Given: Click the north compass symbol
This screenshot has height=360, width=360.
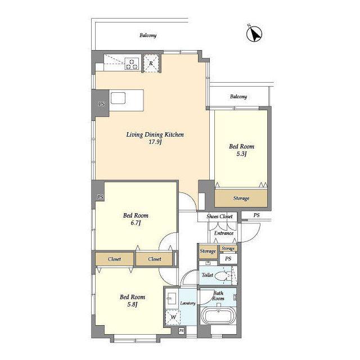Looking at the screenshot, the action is coord(254,34).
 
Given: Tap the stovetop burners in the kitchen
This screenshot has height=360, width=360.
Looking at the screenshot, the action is coord(132,64).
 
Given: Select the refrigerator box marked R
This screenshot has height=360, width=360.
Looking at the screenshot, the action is coord(151,64).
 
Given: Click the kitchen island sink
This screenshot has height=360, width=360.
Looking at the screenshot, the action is coord(118,98).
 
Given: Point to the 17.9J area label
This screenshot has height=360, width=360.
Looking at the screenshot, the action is coord(155,142).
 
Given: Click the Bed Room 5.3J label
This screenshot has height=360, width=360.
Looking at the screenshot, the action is coord(241,150).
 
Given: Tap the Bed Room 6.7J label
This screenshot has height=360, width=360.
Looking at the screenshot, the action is coord(136,219).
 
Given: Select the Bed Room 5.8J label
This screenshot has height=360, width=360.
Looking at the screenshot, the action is coord(133,300).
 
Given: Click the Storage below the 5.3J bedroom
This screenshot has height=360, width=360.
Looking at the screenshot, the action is coord(241,198).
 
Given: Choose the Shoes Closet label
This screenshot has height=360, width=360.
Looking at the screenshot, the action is coord(219,216).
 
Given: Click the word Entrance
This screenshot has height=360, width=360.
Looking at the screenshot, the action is coord(224,233).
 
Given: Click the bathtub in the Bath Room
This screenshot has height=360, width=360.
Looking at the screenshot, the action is coord(218,316).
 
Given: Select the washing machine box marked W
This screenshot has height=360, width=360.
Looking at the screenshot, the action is coord(173,317).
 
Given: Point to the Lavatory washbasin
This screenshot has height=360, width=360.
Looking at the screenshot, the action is coord(171,298).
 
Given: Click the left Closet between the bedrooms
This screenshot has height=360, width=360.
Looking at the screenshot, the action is coord(114,259).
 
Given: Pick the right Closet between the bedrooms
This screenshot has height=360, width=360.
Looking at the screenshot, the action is coord(154,259).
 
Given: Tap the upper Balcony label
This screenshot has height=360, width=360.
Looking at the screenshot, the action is coord(148,35).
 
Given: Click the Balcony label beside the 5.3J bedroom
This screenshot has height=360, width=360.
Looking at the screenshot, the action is coord(238,96).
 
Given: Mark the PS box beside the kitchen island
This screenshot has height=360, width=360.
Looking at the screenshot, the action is coord(101,104).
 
